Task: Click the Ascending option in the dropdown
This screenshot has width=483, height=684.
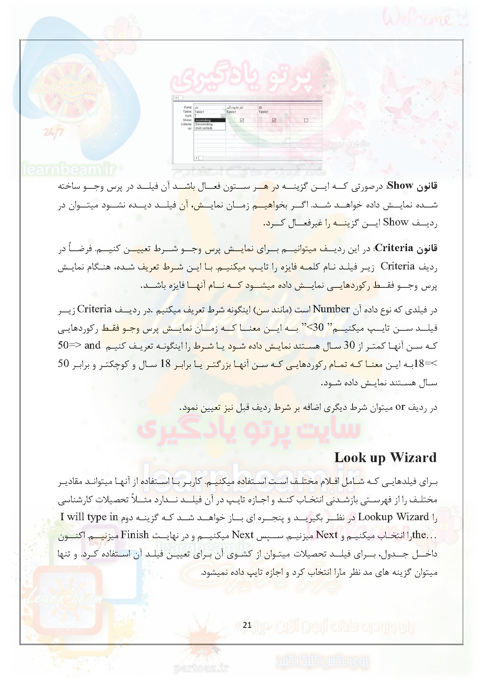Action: [203, 120]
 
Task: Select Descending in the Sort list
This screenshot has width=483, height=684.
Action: [204, 124]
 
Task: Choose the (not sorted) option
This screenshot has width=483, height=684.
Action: [204, 128]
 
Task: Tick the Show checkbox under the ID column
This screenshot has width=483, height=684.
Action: [274, 120]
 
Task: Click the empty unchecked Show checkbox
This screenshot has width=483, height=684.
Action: [306, 120]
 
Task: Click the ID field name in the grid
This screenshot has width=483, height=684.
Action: [261, 108]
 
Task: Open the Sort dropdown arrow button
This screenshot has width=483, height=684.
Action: [223, 116]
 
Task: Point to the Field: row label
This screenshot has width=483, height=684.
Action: [188, 108]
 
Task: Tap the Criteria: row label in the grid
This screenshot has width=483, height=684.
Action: [186, 124]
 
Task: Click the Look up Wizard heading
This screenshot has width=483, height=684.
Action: [385, 457]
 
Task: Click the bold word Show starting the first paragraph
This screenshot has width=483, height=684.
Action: [400, 186]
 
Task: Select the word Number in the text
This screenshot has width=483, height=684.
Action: [331, 309]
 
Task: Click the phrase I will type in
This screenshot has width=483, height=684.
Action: [89, 517]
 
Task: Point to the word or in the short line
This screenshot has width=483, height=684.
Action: [400, 407]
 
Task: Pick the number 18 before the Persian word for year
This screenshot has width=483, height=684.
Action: [166, 364]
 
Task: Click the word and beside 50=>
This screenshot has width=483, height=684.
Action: [92, 346]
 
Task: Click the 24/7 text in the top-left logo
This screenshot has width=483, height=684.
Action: [53, 133]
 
